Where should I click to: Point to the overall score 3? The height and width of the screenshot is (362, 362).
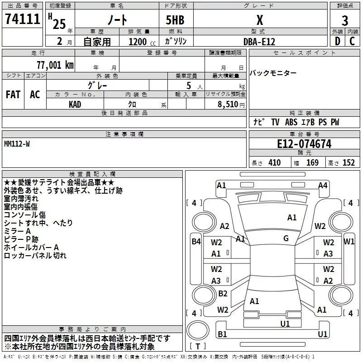[x=345, y=20]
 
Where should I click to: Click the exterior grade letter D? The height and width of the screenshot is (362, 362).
[x=337, y=42]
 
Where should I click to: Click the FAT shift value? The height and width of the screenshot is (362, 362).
[x=13, y=95]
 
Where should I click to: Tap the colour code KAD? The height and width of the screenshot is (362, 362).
[x=75, y=104]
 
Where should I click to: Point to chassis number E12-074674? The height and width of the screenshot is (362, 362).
[x=304, y=144]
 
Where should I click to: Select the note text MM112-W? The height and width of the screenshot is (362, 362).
[x=17, y=143]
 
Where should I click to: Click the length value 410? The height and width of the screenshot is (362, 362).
[x=274, y=163]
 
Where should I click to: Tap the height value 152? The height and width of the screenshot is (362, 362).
[x=348, y=163]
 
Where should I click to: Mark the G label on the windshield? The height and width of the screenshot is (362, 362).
[x=286, y=238]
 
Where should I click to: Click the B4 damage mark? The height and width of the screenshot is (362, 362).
[x=196, y=242]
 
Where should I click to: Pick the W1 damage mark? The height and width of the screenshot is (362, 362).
[x=349, y=242]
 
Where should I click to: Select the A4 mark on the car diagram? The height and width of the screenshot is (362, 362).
[x=323, y=185]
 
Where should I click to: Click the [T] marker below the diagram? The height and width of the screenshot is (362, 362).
[x=197, y=347]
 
